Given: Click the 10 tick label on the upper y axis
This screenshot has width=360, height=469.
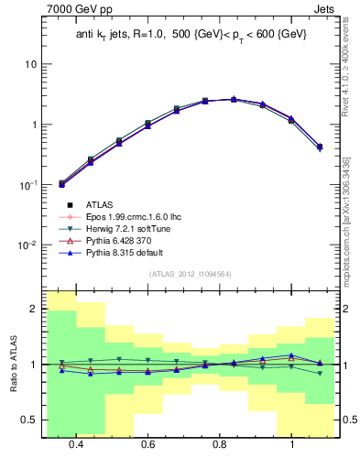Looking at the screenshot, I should click(x=30, y=64).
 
